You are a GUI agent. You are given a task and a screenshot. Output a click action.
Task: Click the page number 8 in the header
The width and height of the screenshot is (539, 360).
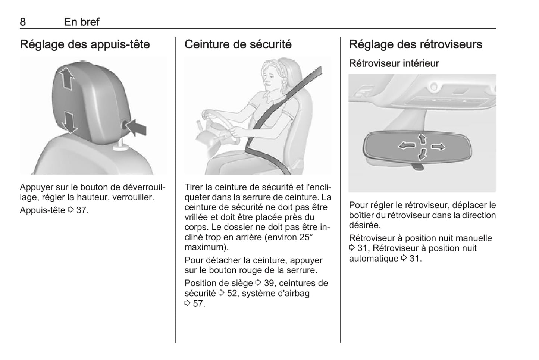coord(23,22)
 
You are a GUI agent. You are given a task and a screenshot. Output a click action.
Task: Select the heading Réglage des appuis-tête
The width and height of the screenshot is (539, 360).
coord(85,44)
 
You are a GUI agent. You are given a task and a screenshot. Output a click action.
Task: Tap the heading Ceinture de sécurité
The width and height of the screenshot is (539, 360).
coord(238,44)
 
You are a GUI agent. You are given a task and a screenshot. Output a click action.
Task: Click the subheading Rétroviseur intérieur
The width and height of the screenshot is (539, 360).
coord(394,63)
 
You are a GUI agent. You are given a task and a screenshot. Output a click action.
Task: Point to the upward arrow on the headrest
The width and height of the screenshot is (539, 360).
coord(66,78)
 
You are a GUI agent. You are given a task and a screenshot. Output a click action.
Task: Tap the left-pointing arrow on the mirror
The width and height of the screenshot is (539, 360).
coord(407,145)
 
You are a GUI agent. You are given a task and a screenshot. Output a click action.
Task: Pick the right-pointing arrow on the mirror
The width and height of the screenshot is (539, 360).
coord(438,147)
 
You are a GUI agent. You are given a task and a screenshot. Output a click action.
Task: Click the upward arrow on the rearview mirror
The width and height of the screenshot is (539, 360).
coord(422,139)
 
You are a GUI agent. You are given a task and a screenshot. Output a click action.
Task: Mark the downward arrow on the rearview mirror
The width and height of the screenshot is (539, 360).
coord(422,154)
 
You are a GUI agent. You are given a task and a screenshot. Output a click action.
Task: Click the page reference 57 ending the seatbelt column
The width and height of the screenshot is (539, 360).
coord(198,303)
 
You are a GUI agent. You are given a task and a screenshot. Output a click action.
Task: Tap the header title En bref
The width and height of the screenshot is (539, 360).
coord(82,22)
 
